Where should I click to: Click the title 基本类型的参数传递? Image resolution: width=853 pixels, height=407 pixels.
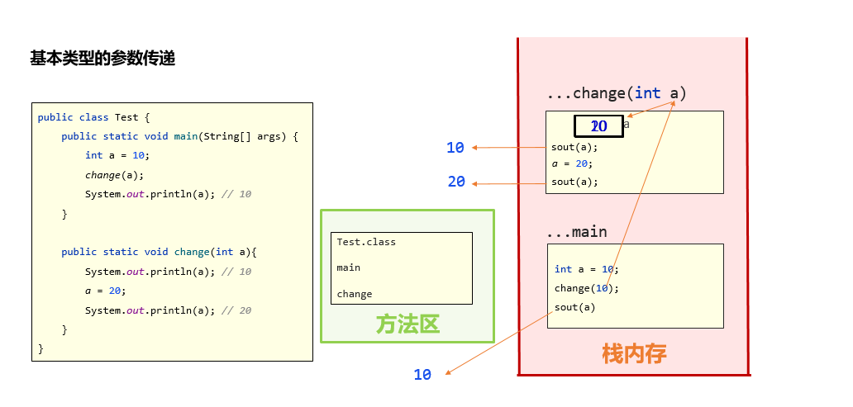point(102,59)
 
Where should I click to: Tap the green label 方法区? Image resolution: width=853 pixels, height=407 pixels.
point(407,324)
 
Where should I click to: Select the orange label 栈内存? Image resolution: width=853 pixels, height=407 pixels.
point(634,353)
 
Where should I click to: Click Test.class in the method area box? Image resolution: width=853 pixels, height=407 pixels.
point(366,242)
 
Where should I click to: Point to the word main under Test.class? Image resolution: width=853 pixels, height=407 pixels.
point(348,267)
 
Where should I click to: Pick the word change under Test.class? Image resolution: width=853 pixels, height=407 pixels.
point(355,294)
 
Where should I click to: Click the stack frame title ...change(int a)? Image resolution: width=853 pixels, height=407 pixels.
point(617,93)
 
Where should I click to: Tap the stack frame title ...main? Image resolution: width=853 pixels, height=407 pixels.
point(577,231)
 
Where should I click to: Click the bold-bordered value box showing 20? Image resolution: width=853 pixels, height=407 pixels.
point(599,126)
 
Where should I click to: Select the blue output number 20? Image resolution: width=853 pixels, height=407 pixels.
point(456,182)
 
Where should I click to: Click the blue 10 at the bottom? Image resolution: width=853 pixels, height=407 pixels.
point(422,375)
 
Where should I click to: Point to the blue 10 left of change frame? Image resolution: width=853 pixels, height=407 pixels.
point(455,148)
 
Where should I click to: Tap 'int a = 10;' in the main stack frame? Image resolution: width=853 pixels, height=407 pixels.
point(586,269)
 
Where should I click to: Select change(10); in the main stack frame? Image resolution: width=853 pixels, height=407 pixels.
point(586,288)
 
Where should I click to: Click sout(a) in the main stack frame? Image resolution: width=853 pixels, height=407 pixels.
point(574,307)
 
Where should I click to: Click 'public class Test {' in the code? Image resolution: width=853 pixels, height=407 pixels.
point(93,117)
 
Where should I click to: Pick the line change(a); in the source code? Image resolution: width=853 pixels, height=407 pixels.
point(114,174)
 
